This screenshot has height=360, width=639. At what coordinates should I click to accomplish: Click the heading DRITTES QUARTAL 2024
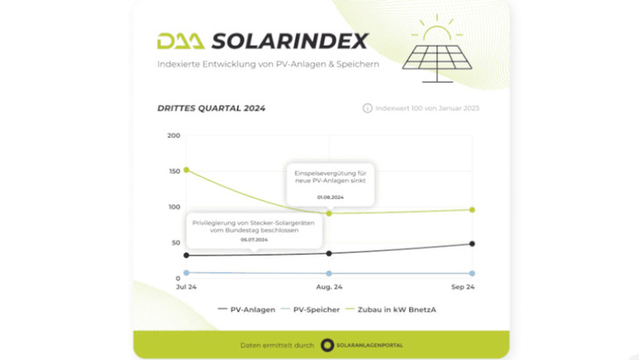(211, 109)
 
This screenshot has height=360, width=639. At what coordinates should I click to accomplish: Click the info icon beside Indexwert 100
(367, 109)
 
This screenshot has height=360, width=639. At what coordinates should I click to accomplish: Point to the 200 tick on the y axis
(173, 135)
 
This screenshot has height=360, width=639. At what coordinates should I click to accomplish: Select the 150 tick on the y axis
(173, 171)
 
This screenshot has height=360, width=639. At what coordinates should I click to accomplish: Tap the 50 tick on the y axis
(175, 242)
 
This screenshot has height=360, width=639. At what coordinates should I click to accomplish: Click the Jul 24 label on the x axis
(186, 287)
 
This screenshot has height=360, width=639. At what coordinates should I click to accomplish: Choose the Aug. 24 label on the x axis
(329, 287)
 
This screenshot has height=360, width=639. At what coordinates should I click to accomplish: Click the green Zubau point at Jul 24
(186, 169)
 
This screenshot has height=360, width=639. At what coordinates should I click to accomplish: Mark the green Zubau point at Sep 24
(472, 210)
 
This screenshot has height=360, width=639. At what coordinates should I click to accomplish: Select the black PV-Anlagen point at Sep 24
(472, 244)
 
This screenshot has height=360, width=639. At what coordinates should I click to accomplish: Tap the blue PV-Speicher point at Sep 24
(472, 273)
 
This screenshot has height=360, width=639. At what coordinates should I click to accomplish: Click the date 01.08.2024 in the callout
(329, 198)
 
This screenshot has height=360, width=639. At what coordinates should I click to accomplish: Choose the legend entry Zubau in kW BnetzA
(395, 309)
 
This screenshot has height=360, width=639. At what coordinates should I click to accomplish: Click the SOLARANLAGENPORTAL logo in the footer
(362, 345)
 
